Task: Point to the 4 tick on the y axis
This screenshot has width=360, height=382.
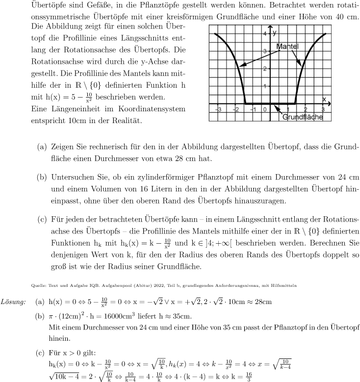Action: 264,34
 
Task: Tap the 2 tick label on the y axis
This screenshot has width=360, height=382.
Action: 264,69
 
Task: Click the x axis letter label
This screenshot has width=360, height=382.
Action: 324,99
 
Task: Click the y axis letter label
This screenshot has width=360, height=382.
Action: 275,32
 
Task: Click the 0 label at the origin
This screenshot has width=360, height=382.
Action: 265,109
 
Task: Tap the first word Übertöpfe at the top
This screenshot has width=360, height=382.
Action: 48,6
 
